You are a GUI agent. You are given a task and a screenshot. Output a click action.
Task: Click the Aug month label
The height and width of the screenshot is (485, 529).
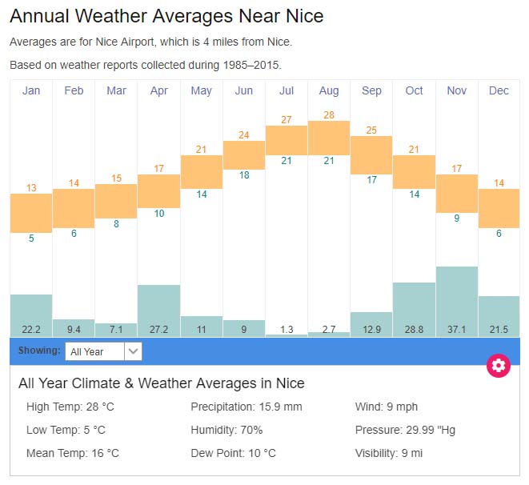(329, 90)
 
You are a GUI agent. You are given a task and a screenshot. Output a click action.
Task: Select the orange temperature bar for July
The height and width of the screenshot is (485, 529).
(287, 140)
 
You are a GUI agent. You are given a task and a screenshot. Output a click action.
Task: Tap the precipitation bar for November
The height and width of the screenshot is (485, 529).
(457, 296)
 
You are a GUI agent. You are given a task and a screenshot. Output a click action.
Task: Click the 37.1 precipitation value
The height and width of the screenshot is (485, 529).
(457, 330)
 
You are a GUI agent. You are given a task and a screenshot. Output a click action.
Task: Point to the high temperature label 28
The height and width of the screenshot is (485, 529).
(329, 114)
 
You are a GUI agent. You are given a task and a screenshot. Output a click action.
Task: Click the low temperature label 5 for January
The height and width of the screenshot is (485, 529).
(31, 238)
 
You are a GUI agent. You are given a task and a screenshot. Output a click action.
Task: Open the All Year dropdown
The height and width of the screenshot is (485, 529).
(104, 351)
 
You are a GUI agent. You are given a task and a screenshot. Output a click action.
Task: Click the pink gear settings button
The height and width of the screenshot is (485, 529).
(499, 366)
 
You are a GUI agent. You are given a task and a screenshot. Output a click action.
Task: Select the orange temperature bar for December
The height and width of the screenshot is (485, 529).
(499, 208)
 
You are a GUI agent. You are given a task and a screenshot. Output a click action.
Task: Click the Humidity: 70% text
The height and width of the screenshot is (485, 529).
(226, 430)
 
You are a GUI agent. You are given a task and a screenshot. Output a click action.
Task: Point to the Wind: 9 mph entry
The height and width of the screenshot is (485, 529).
(387, 407)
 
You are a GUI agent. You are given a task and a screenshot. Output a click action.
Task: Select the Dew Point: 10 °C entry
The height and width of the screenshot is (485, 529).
(233, 453)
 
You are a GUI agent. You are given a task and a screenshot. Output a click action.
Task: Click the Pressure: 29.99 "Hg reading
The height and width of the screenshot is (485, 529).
(405, 430)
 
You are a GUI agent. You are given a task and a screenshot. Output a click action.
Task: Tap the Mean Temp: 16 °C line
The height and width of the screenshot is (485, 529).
(73, 453)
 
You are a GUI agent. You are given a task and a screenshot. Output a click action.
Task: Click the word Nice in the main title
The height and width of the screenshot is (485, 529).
(305, 16)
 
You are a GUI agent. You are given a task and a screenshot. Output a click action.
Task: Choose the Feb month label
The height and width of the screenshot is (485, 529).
(74, 90)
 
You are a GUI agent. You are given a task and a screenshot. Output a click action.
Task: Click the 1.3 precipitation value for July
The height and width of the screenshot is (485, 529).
(287, 330)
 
